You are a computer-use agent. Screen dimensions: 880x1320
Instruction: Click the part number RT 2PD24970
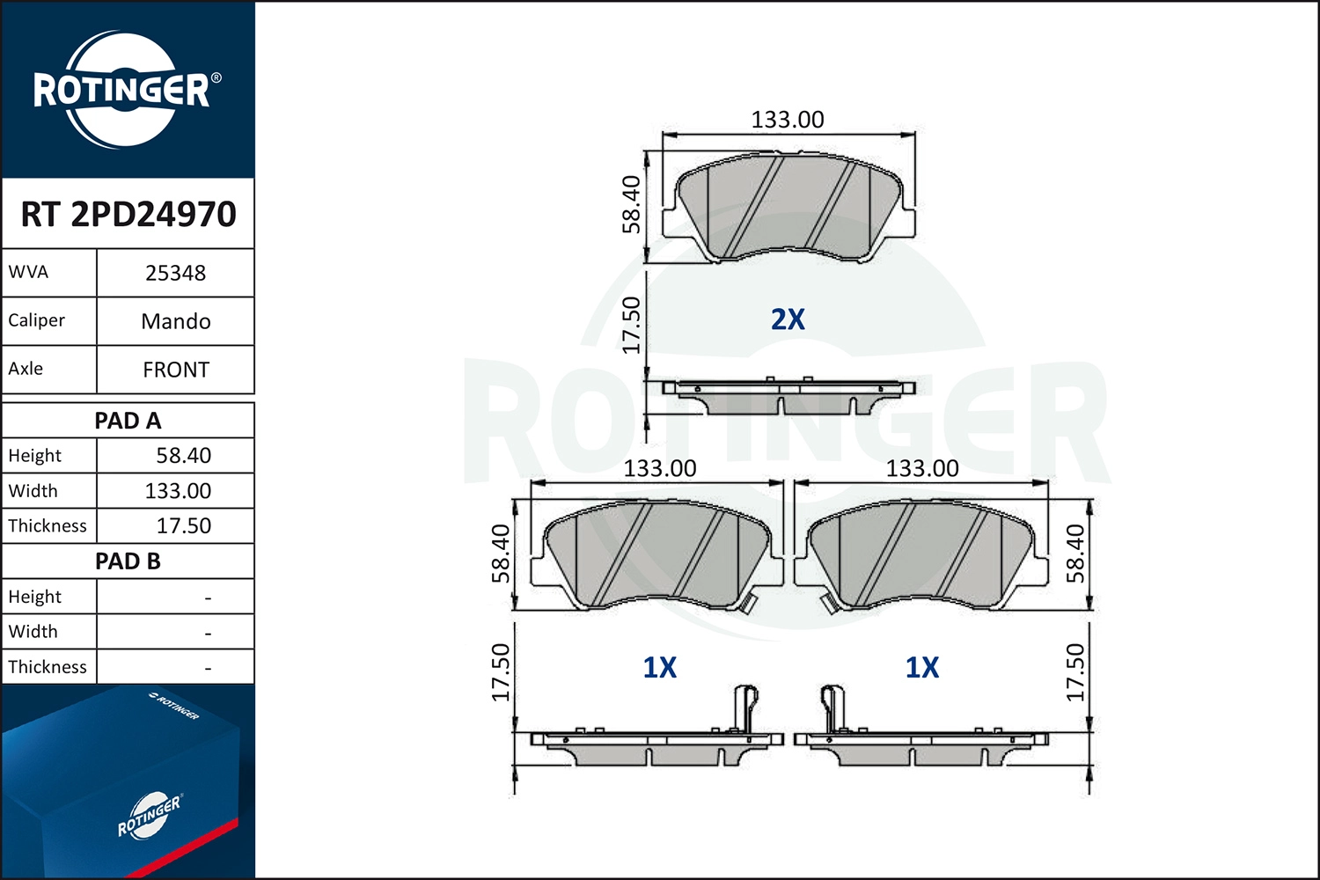click(128, 214)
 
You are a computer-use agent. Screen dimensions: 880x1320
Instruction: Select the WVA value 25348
click(175, 273)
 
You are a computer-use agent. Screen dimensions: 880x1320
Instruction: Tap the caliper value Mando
click(175, 321)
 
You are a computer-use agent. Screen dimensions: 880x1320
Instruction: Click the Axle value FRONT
click(175, 370)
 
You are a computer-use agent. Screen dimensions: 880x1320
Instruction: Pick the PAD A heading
click(128, 421)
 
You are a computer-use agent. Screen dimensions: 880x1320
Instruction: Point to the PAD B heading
click(128, 561)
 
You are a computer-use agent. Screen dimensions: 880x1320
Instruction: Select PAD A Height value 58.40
click(183, 456)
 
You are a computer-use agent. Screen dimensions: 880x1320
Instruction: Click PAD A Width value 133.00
click(178, 491)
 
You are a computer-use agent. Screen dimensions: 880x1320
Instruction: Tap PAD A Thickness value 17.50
click(183, 526)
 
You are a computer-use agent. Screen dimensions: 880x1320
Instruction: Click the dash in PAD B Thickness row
click(208, 668)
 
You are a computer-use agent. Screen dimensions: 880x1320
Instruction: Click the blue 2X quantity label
click(788, 319)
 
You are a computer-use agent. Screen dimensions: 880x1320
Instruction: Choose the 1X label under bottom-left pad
click(659, 668)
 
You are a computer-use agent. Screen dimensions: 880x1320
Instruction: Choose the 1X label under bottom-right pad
click(921, 668)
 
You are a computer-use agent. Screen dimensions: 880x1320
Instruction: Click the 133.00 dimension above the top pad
click(787, 120)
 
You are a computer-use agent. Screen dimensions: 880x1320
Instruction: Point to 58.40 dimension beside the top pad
click(631, 205)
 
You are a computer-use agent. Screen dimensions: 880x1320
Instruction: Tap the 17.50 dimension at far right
click(1075, 672)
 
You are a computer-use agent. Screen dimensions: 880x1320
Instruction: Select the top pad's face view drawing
click(788, 209)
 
